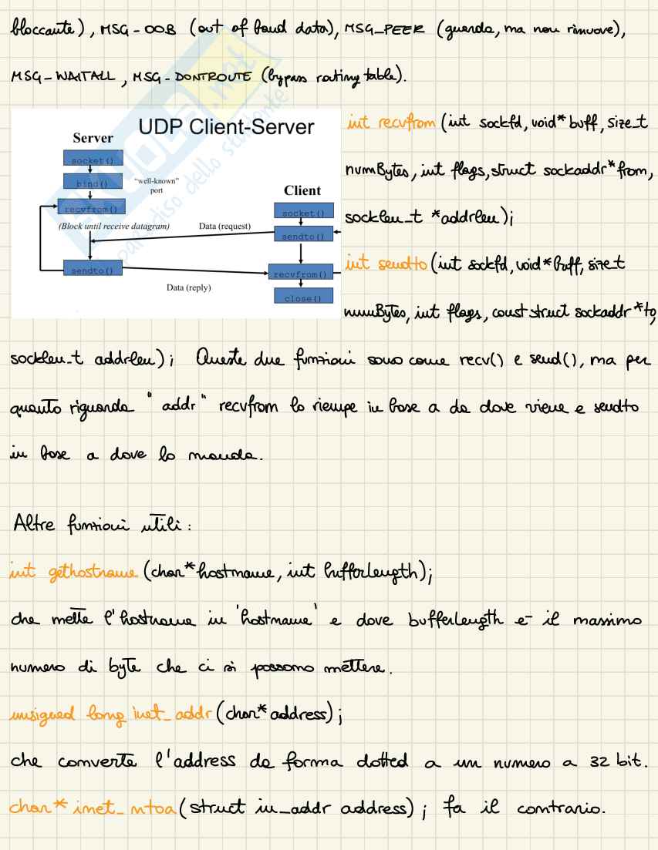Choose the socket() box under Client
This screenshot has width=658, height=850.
tap(299, 212)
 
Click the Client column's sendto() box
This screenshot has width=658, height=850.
tap(299, 233)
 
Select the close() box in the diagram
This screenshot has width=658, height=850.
tap(299, 297)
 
